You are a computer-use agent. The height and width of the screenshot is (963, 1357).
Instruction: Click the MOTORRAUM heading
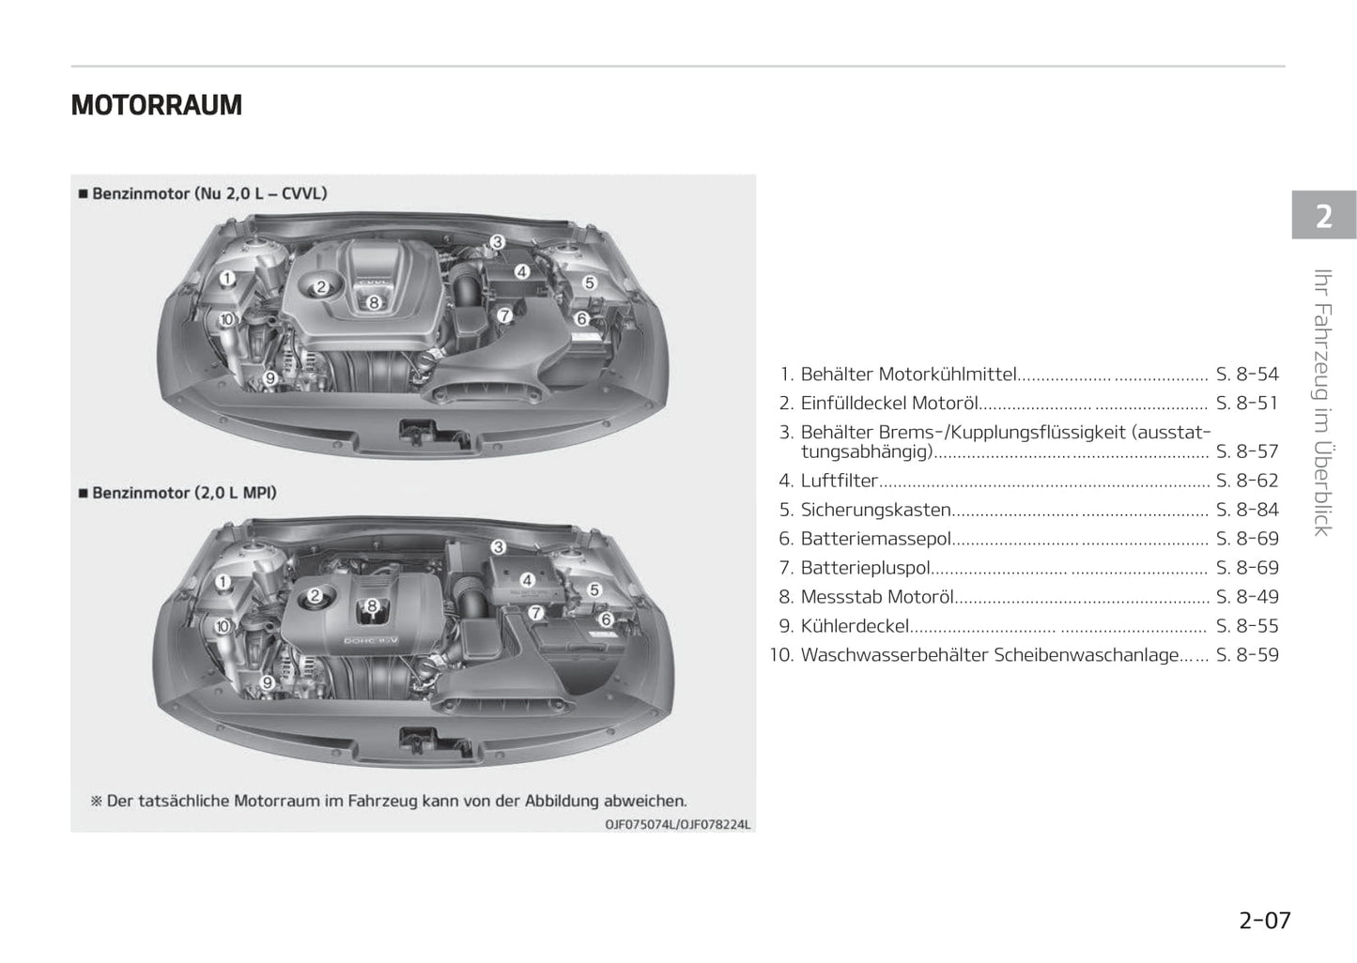point(156,105)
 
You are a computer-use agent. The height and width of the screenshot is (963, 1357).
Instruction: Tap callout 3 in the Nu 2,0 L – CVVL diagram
point(498,242)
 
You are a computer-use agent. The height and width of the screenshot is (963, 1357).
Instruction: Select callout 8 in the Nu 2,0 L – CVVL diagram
point(374,302)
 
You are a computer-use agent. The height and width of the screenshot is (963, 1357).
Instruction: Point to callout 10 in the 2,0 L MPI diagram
point(223,626)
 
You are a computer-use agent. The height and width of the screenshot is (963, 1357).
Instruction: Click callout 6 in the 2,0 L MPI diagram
point(606,619)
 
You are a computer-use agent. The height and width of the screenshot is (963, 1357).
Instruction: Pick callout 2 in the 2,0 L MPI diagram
point(315,596)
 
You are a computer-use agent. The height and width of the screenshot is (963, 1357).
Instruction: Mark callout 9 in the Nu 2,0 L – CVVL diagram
point(270,378)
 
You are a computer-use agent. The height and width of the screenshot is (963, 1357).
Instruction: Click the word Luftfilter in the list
point(839,481)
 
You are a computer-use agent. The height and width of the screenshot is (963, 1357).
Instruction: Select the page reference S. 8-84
point(1247,510)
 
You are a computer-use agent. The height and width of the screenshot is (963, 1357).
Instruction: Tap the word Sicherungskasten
point(875,510)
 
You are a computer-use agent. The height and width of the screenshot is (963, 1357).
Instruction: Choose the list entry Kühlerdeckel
point(855,626)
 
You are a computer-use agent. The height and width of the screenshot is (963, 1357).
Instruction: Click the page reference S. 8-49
point(1247,597)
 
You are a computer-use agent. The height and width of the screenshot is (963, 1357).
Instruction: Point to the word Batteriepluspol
point(865,568)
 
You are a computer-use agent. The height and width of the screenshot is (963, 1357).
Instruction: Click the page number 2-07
point(1265,921)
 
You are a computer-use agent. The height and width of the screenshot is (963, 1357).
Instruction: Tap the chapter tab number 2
point(1324,216)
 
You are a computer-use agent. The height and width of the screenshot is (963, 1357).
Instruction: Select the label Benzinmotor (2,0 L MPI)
point(184,493)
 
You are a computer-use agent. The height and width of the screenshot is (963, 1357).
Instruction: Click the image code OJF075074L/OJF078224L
point(677,825)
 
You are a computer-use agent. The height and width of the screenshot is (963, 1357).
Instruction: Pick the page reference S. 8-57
point(1247,451)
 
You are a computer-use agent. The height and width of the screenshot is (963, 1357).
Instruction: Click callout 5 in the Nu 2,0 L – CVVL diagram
point(590,283)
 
